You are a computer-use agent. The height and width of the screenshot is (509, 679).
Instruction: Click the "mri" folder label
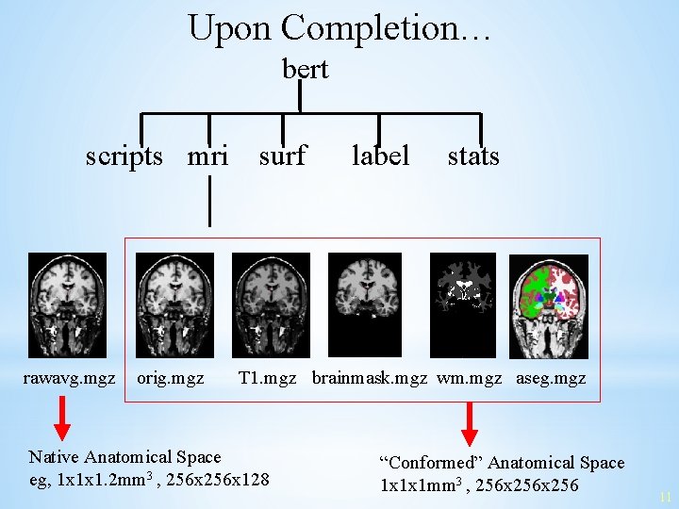click(x=207, y=156)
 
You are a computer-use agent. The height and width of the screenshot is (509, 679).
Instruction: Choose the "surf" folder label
click(x=282, y=156)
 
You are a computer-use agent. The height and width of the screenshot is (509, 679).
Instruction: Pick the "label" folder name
click(x=380, y=156)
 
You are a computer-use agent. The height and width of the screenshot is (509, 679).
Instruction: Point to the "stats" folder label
click(x=472, y=156)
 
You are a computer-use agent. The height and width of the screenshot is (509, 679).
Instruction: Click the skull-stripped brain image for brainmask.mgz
click(x=364, y=304)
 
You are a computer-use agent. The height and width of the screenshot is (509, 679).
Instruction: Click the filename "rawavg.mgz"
click(x=69, y=379)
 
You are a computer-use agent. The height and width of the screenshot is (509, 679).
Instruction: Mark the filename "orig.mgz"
click(x=171, y=379)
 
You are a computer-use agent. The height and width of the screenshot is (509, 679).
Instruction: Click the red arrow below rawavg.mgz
click(x=61, y=419)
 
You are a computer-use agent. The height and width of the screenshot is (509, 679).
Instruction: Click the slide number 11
click(x=666, y=497)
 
